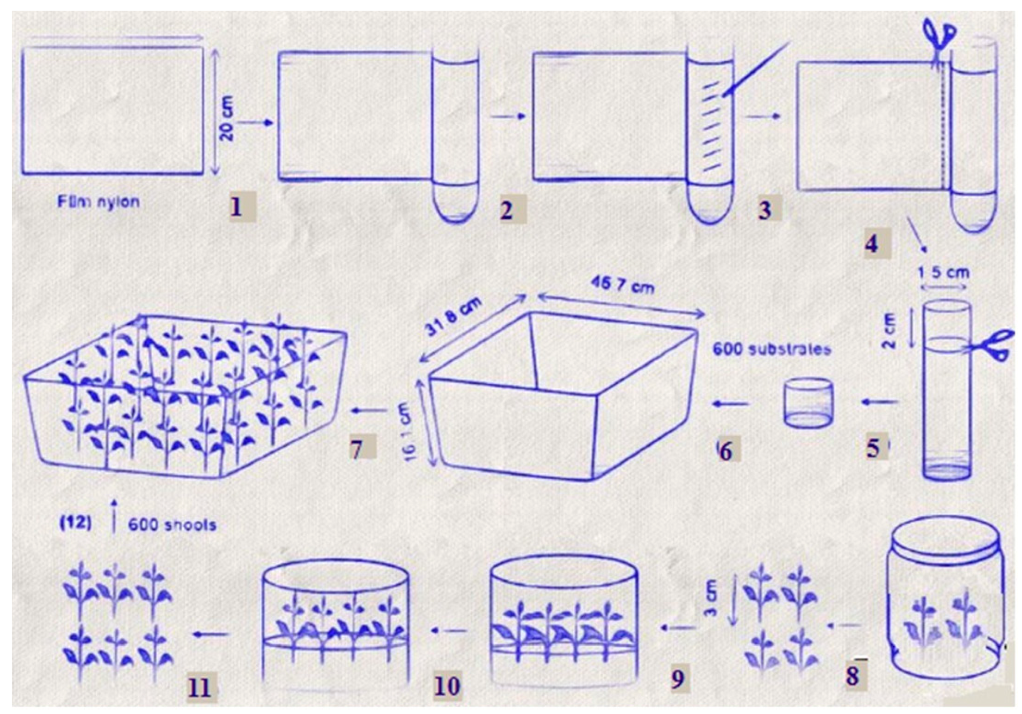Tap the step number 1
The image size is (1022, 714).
pos(237,207)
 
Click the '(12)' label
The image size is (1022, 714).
pos(75,523)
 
